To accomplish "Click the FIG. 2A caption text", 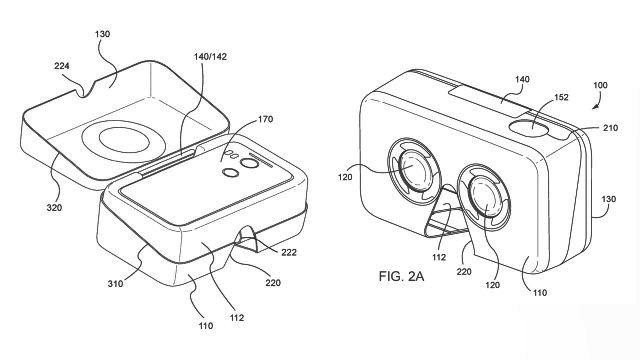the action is point(401,276).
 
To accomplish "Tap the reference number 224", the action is point(62,66).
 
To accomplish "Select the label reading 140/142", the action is point(210,57).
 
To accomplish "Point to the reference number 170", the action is point(265,120).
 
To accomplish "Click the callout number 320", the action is point(54,208).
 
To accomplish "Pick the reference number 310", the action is point(115,283).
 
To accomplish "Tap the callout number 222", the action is point(289,252).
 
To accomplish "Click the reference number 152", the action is point(561,97).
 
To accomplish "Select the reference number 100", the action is point(600,85).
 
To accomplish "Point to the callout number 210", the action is point(611,128).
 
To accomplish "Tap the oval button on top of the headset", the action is point(529,128).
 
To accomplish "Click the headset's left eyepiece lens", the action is point(413,169).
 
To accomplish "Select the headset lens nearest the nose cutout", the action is point(484,197).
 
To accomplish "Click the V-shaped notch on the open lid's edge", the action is point(85,88).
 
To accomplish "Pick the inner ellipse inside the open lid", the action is point(124,140).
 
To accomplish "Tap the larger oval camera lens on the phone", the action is point(249,163).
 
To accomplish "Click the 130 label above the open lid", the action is point(102,34).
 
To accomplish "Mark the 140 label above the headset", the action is point(522,79).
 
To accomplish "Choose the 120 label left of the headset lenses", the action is point(345,177).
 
